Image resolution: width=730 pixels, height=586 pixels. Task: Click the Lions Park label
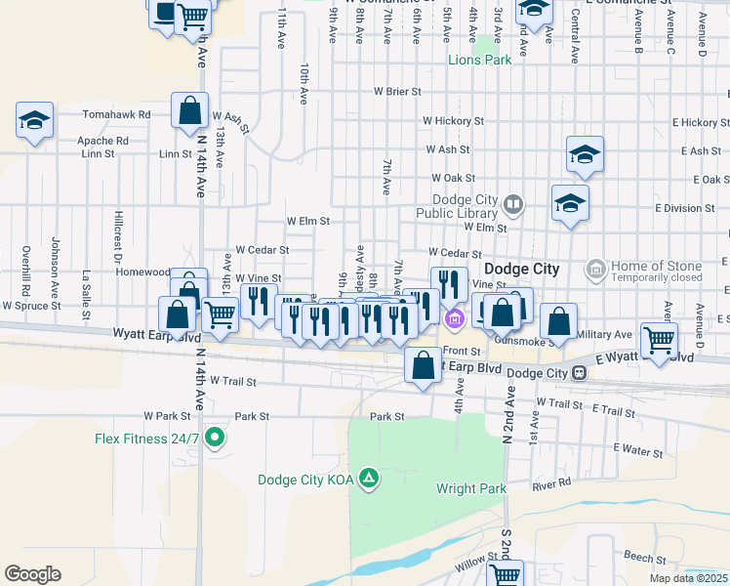click(x=479, y=61)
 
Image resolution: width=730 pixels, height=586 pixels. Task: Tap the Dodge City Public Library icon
click(x=513, y=205)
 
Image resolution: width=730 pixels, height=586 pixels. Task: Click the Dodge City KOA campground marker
click(x=369, y=479)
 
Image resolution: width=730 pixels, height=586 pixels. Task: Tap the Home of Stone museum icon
click(x=594, y=268)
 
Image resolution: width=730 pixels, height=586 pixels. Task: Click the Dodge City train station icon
click(x=580, y=373)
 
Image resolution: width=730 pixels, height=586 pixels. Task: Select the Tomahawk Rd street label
click(x=116, y=114)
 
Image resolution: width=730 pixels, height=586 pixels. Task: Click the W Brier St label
click(x=396, y=92)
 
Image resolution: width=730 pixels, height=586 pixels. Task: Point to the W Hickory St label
click(x=453, y=121)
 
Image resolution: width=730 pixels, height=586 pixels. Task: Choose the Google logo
click(x=32, y=574)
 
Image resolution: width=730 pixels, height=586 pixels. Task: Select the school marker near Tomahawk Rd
click(x=35, y=120)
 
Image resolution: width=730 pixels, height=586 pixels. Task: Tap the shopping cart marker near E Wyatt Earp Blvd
click(x=660, y=339)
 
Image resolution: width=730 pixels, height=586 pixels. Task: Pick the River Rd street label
click(x=551, y=484)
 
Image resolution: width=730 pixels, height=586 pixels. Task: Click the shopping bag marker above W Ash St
click(x=189, y=111)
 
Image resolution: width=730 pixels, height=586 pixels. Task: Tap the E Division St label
click(x=685, y=208)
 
